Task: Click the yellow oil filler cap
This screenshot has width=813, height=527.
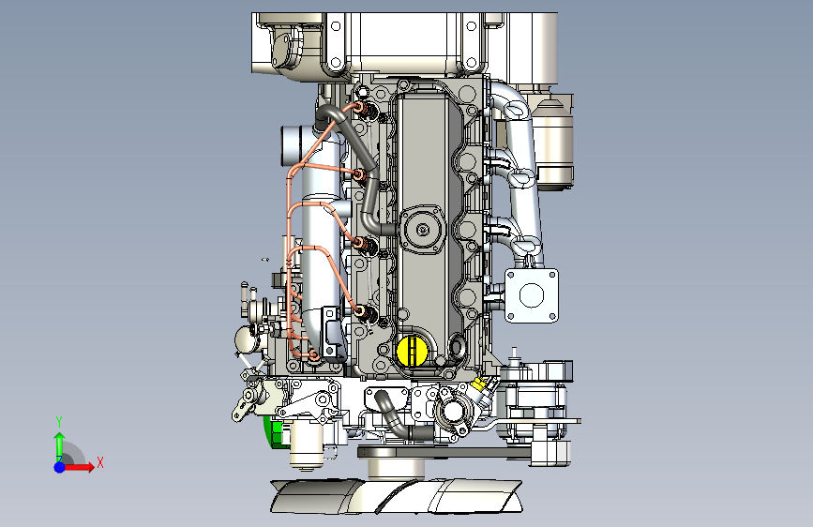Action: (x=413, y=351)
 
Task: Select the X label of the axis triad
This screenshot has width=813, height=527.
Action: (x=100, y=462)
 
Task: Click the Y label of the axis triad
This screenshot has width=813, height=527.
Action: (x=59, y=421)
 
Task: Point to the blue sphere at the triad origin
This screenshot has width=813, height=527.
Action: (x=60, y=467)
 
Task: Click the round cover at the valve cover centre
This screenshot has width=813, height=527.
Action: (x=423, y=229)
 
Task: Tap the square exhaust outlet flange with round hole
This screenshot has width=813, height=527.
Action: (x=532, y=295)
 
